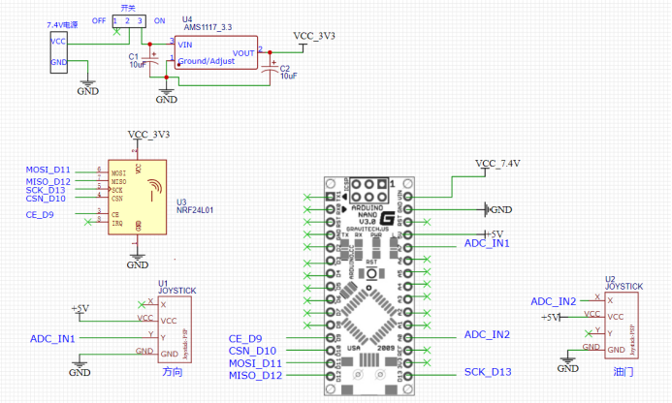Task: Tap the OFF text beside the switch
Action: point(99,19)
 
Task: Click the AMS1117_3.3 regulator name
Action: point(209,28)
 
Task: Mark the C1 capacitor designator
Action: point(134,56)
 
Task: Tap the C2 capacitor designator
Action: point(283,67)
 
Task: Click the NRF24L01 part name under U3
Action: point(194,208)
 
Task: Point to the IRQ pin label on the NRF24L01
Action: point(115,223)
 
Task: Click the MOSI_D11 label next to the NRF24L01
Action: point(48,170)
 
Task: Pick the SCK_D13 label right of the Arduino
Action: point(488,372)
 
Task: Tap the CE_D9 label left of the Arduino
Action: point(245,338)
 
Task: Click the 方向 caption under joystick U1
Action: point(171,370)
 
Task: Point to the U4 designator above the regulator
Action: point(187,19)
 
